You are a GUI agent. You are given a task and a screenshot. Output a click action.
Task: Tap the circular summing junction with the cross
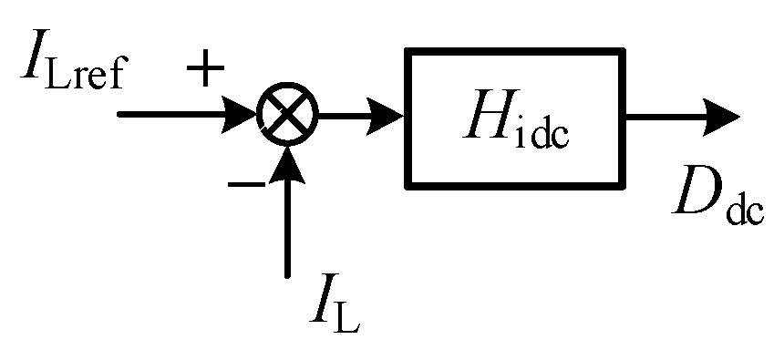(286, 116)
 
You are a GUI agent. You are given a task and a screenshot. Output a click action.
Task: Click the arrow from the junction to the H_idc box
(359, 116)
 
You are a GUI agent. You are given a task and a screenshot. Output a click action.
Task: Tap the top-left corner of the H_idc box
(407, 52)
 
